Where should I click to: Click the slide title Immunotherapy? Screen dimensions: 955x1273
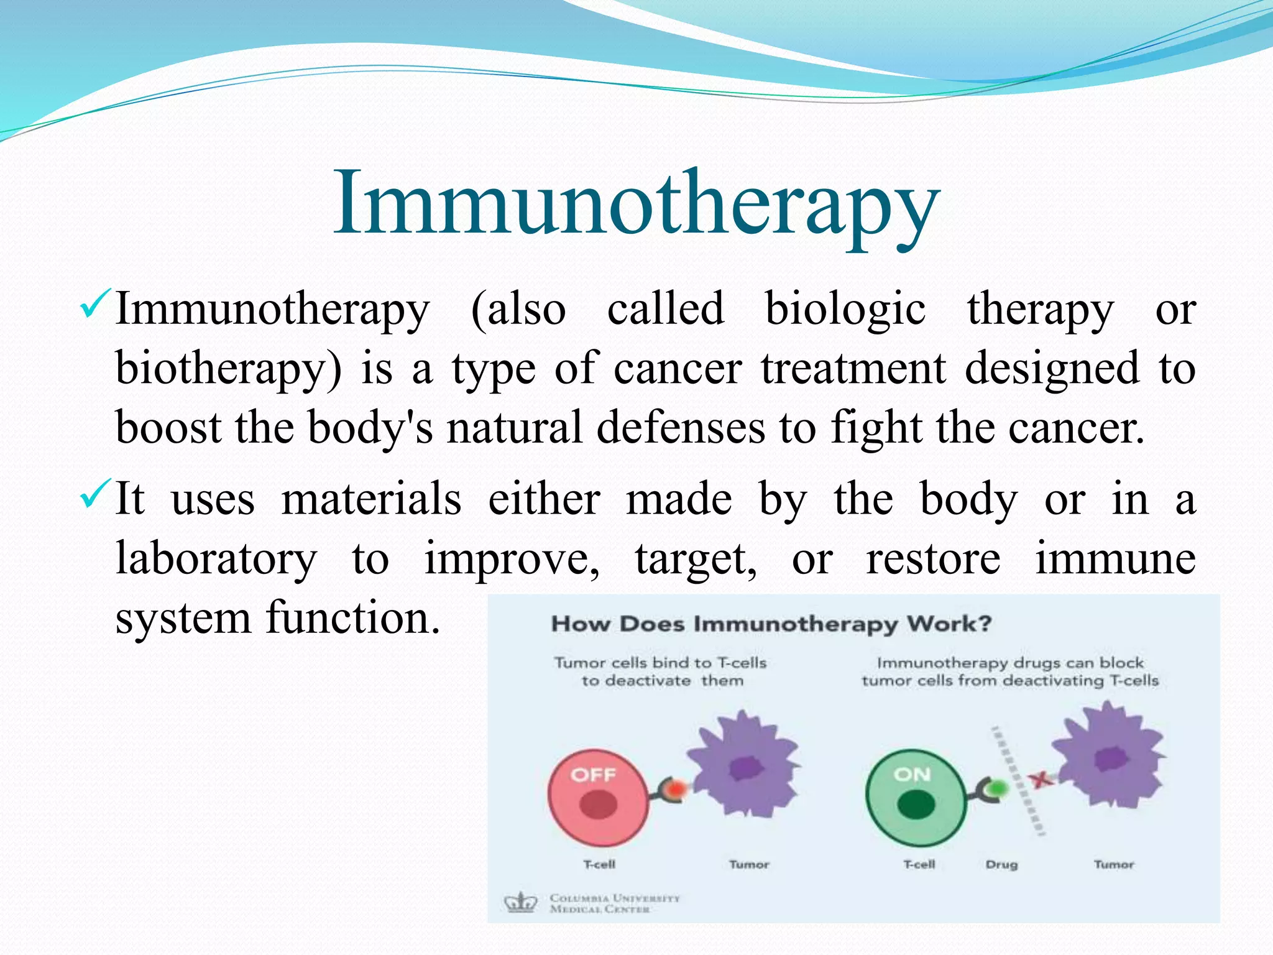[x=636, y=205]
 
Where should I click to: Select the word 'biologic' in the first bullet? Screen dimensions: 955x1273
[x=845, y=309]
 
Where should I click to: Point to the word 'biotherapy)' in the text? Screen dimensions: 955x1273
[x=228, y=369]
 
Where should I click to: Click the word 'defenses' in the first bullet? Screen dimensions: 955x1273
[x=681, y=428]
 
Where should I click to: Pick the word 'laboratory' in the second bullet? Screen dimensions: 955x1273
[x=216, y=558]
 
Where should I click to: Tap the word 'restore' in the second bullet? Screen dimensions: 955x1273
[x=933, y=558]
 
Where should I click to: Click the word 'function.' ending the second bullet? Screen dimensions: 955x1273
[x=353, y=618]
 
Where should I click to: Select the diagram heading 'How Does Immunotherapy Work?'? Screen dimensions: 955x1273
[x=771, y=624]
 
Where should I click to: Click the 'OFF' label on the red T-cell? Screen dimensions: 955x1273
[x=593, y=775]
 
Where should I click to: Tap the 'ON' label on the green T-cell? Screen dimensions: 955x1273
[x=912, y=774]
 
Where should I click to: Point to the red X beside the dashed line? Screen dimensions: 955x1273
[x=1041, y=779]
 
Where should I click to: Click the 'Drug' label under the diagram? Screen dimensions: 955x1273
[x=1001, y=865]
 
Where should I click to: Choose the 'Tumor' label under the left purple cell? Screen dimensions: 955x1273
[x=749, y=865]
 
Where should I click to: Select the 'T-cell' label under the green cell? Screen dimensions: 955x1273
[x=919, y=865]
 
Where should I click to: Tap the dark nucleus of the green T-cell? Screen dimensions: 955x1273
[x=916, y=806]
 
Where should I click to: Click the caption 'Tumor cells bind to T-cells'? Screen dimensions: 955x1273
[x=660, y=663]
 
